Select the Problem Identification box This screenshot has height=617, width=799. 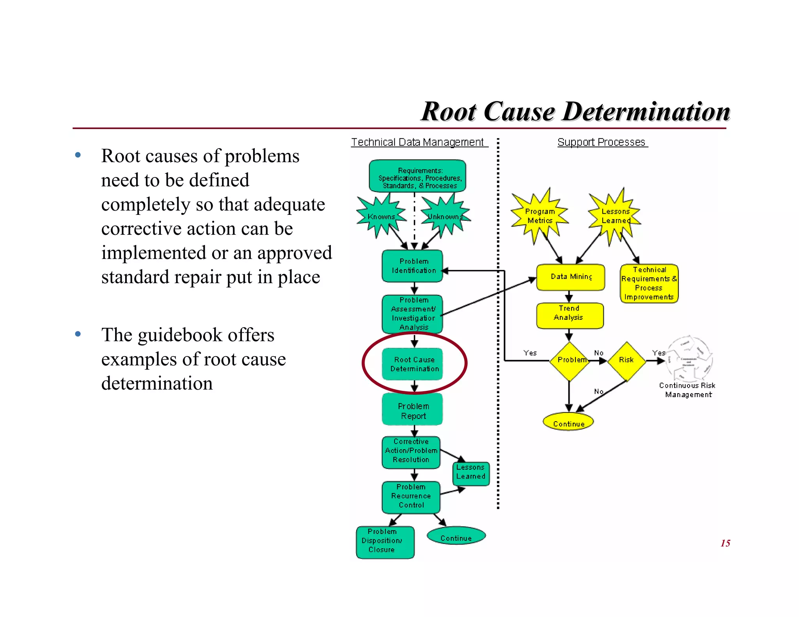[x=412, y=266]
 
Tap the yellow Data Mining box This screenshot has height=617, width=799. [x=570, y=277]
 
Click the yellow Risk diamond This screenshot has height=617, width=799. [x=626, y=361]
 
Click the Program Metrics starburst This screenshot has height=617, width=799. [x=540, y=216]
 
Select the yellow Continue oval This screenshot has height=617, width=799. [x=568, y=422]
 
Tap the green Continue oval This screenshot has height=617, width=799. [x=456, y=537]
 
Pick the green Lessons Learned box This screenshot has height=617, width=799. [x=471, y=473]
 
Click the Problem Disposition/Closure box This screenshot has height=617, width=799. [x=384, y=541]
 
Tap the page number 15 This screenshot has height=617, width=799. [x=725, y=543]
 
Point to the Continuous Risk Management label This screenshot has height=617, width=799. [x=687, y=390]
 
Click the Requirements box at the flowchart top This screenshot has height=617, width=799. [x=417, y=176]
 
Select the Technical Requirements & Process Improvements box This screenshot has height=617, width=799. [x=649, y=284]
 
